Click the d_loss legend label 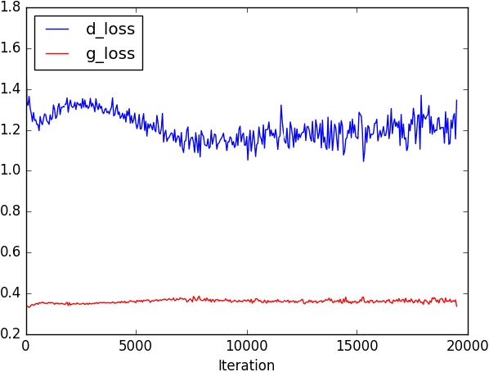tap(110, 29)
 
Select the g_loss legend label tap(110, 55)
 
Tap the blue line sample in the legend tap(58, 29)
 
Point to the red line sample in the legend tap(58, 55)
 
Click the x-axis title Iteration tap(246, 365)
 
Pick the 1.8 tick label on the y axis tap(12, 7)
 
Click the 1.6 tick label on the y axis tap(12, 48)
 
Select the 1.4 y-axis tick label tap(12, 89)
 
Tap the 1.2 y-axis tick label tap(12, 130)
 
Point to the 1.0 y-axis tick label tap(12, 171)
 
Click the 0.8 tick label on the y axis tap(12, 212)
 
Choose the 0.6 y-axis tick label tap(12, 253)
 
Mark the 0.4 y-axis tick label tap(12, 294)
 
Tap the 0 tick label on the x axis tap(26, 347)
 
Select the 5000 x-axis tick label tap(137, 347)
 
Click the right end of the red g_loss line tap(456, 306)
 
